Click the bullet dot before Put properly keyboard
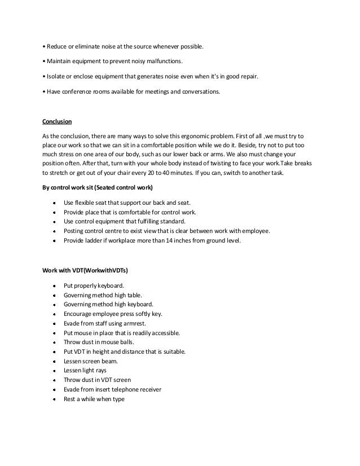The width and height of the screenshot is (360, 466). tap(52, 285)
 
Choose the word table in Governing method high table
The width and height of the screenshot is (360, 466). tap(135, 295)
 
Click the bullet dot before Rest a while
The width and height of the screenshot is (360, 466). tap(52, 399)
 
